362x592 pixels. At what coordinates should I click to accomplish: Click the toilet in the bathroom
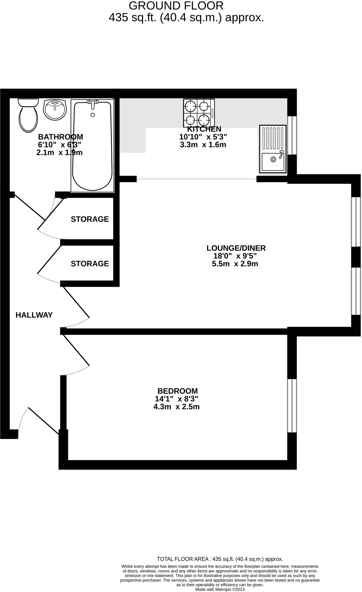28,116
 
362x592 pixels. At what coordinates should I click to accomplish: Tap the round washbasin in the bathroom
55,110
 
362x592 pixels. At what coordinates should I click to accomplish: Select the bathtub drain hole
93,115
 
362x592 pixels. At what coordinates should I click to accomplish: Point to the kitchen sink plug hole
273,159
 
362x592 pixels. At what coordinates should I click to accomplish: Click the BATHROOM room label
60,137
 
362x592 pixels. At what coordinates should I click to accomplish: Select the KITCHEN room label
204,129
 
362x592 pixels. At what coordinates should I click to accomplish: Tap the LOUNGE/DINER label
236,248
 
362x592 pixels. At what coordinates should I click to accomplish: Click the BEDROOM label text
177,391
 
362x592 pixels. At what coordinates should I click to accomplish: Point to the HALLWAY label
34,315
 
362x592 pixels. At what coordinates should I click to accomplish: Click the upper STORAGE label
90,219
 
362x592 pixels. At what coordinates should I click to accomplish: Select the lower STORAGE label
90,264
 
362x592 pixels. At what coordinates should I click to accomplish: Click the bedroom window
292,406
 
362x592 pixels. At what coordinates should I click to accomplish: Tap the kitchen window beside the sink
292,135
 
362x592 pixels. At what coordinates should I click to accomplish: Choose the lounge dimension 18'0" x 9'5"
235,256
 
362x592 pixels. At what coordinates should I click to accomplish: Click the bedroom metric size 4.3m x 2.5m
176,407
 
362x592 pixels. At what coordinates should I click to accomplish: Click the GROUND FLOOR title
176,6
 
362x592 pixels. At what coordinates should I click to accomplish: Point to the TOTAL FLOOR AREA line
220,559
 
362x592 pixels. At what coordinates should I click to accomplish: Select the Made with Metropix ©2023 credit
220,589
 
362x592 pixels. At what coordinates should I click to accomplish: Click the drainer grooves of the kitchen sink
272,138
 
